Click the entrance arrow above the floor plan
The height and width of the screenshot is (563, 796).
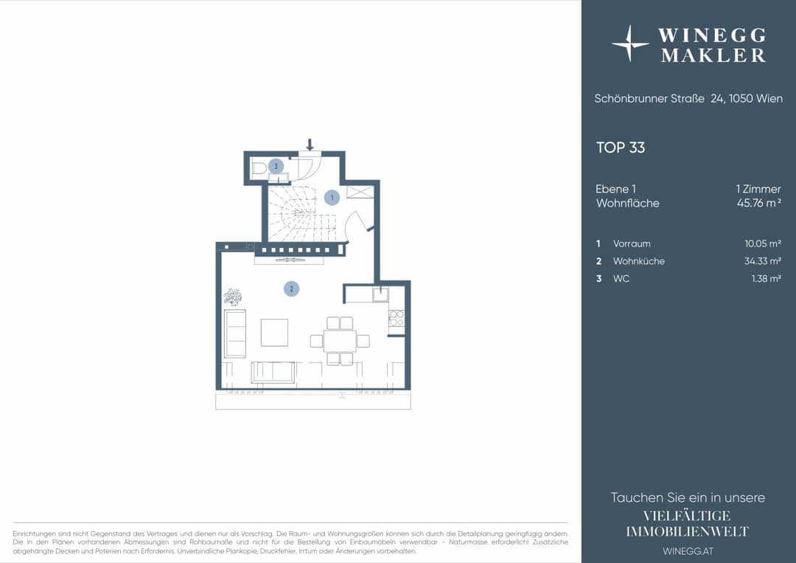(x=310, y=145)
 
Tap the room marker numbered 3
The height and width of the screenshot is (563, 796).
(x=276, y=166)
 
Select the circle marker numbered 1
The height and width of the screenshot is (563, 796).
(x=332, y=197)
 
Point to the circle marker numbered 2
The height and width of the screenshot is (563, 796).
(x=291, y=289)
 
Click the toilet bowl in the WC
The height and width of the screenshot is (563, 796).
(x=259, y=167)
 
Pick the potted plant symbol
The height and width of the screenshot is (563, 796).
(x=232, y=297)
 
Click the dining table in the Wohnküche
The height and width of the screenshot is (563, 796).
(x=340, y=341)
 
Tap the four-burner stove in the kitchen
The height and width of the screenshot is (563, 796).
(x=397, y=319)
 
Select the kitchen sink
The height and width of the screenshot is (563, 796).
(x=380, y=294)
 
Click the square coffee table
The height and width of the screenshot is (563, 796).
(x=274, y=332)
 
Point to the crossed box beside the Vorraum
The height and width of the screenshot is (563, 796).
(x=360, y=192)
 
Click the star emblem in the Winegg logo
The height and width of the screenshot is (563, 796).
(x=630, y=44)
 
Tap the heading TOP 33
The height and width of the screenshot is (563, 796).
(x=621, y=148)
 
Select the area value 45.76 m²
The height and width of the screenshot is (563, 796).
(x=759, y=203)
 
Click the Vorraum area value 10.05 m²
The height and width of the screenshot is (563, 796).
(x=763, y=243)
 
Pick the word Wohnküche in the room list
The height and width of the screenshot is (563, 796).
(x=638, y=261)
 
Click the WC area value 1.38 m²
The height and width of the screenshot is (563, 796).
(x=766, y=278)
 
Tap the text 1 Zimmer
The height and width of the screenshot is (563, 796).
(x=758, y=189)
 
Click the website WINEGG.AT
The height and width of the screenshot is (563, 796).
(x=688, y=550)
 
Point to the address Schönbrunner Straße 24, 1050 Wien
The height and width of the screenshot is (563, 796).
(x=688, y=99)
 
